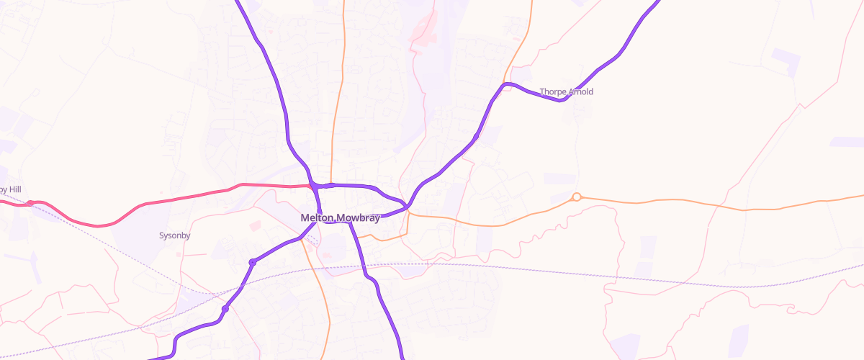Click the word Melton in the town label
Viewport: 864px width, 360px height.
(x=316, y=218)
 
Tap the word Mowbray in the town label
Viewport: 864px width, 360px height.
(x=356, y=218)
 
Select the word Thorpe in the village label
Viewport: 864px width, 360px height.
(x=554, y=92)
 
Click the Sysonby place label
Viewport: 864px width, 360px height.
(x=172, y=235)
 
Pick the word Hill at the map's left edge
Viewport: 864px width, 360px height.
(x=13, y=189)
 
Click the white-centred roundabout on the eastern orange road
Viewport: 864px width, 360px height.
(x=576, y=197)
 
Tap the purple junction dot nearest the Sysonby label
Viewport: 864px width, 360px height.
(x=252, y=262)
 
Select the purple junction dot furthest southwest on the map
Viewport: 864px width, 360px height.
(x=225, y=309)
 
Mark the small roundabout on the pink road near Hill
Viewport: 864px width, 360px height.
(x=30, y=203)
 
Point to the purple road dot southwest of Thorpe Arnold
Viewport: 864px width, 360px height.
(x=476, y=137)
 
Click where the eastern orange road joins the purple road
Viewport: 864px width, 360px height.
(x=408, y=210)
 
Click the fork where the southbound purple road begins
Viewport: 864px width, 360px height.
(x=350, y=222)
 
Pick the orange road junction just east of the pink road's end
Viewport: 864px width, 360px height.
(x=330, y=185)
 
